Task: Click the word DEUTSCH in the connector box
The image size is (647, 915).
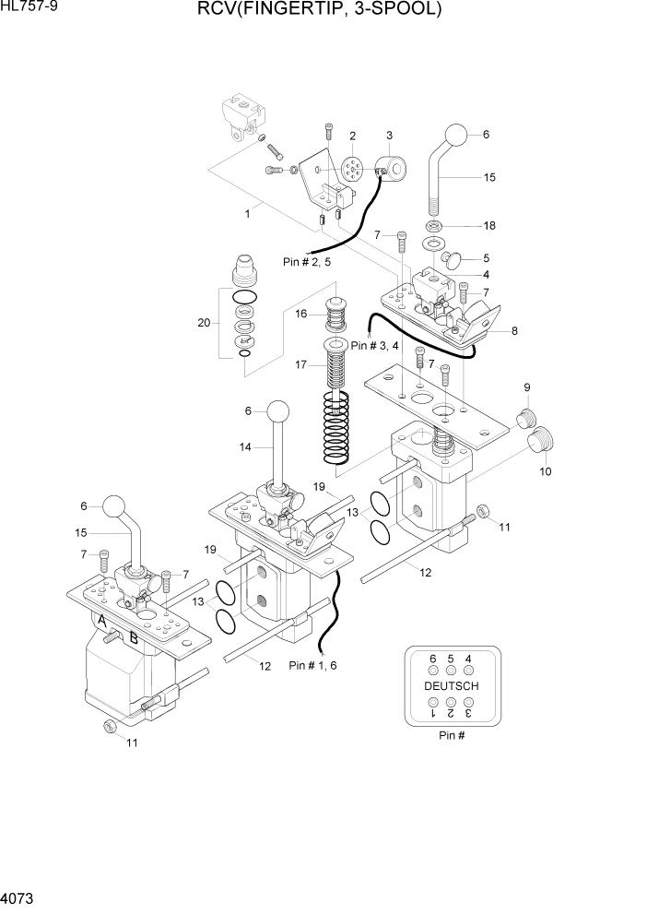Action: point(451,686)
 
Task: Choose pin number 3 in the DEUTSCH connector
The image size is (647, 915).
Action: point(468,713)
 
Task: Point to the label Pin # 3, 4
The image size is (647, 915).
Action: point(376,345)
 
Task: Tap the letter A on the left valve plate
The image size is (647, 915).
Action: point(103,624)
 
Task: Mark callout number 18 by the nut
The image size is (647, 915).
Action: point(488,225)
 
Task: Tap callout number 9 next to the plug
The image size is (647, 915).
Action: point(527,386)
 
